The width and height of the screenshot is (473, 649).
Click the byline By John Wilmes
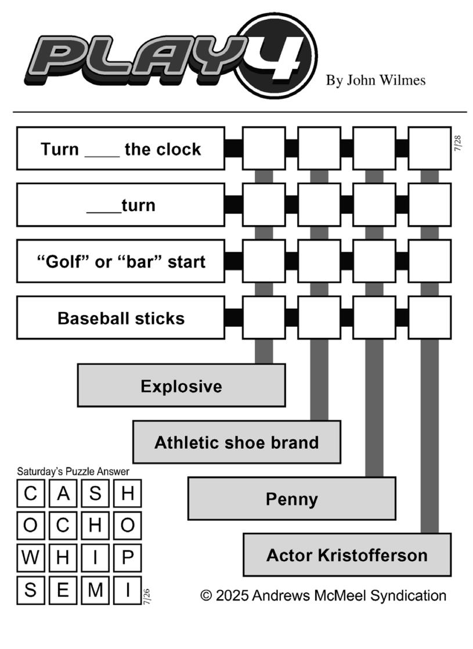(375, 80)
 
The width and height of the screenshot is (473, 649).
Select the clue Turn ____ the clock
(120, 149)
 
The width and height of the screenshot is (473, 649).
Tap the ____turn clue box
(120, 205)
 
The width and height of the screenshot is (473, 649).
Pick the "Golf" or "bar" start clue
(120, 261)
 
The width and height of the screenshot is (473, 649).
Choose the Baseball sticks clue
(120, 318)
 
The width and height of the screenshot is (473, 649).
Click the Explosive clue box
(181, 385)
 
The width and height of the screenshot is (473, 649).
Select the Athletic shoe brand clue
(237, 442)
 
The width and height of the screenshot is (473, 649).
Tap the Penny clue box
(292, 498)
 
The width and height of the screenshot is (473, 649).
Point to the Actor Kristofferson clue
(347, 554)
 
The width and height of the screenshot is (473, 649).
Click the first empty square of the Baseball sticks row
(263, 318)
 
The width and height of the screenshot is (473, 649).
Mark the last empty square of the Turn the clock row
(429, 149)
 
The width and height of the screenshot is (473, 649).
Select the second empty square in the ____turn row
(319, 205)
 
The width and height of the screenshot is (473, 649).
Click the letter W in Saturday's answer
(30, 557)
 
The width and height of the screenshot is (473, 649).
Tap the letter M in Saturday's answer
(95, 589)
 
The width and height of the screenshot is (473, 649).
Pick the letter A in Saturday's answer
(63, 493)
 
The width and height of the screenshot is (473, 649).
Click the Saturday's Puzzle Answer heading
(73, 471)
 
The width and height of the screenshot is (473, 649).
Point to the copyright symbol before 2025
(206, 596)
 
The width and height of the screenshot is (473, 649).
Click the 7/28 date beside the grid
(457, 143)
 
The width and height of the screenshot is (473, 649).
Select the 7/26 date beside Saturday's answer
(146, 596)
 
